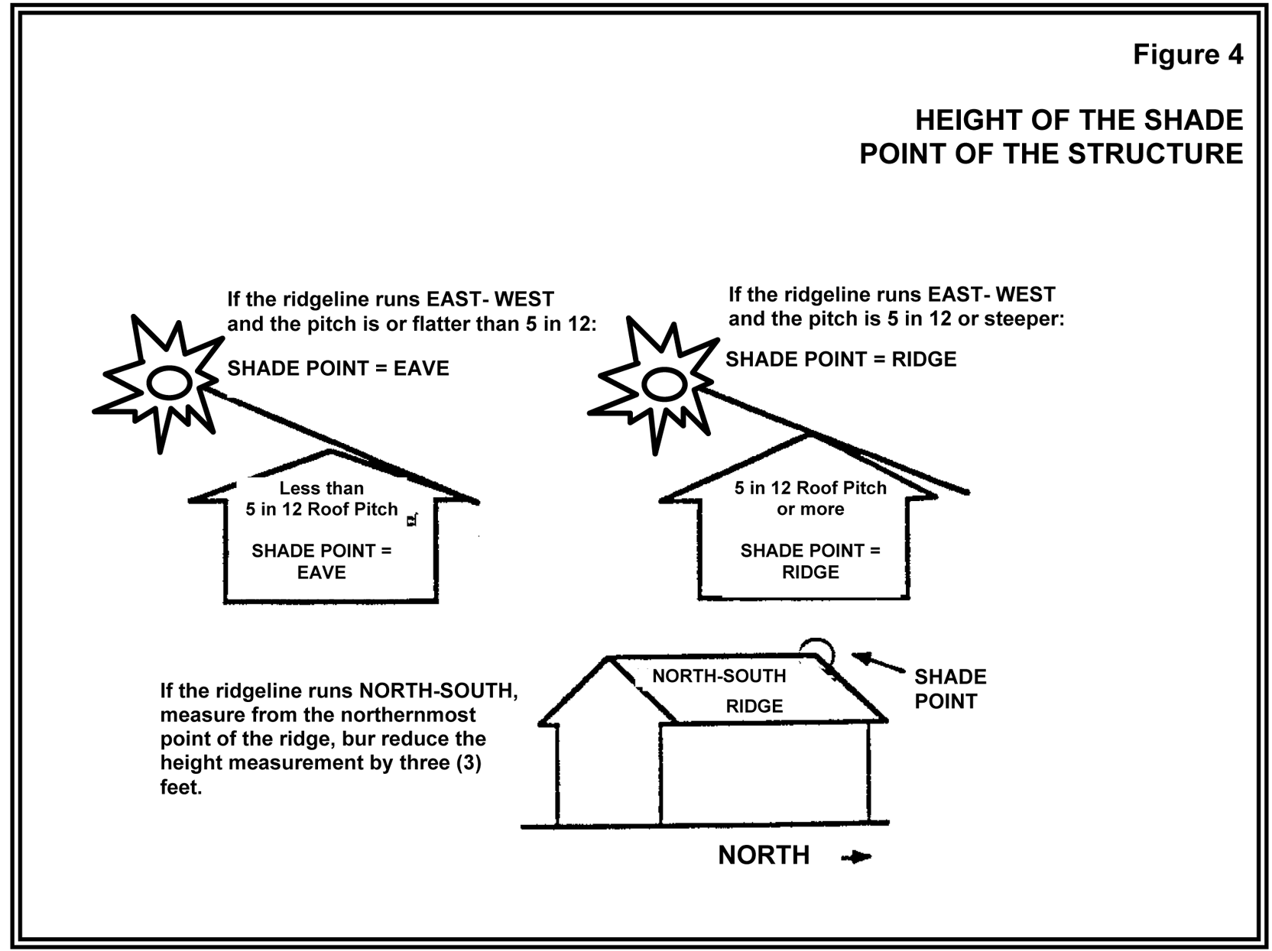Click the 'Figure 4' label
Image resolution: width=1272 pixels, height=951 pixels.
tap(1188, 55)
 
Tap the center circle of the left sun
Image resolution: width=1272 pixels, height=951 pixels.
tap(169, 383)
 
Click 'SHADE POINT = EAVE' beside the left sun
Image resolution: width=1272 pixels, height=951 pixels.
tap(338, 369)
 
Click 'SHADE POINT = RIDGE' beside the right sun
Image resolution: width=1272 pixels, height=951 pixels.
tap(841, 360)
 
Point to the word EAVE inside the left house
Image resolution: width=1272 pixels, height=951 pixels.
tap(322, 572)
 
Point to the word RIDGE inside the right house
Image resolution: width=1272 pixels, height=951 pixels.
tap(810, 572)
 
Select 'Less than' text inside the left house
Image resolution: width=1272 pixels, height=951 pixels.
tap(322, 488)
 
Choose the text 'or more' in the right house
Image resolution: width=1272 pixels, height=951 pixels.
tap(810, 509)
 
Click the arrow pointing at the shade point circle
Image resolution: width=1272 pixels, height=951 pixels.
tap(878, 663)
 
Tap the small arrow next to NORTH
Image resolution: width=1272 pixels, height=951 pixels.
tap(856, 857)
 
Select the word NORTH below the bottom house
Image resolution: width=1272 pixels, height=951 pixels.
tap(764, 856)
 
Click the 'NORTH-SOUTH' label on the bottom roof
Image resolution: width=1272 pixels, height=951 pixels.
tap(719, 676)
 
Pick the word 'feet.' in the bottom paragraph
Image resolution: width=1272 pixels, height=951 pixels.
tap(181, 788)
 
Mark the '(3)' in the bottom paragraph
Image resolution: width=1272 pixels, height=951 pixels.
tap(469, 763)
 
